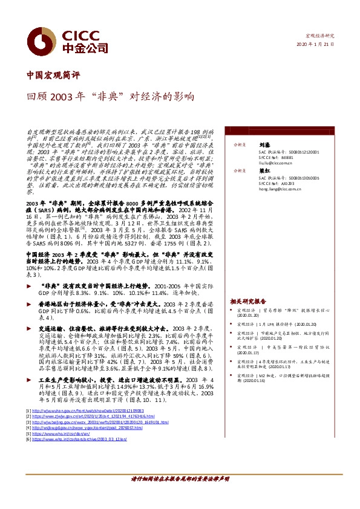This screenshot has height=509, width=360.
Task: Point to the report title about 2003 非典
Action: [x=110, y=96]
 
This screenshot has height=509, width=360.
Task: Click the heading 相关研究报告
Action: [x=249, y=300]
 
